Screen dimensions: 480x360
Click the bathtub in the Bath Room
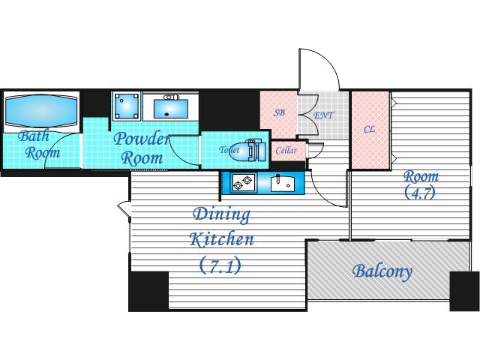tap(42, 110)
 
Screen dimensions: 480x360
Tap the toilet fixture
tap(251, 150)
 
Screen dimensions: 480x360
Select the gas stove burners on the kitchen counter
tap(243, 182)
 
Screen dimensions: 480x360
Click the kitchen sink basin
tap(282, 183)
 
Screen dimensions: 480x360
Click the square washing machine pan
tap(127, 106)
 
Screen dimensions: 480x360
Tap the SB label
tap(279, 112)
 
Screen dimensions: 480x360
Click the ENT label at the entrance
tap(323, 115)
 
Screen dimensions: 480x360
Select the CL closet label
tap(370, 129)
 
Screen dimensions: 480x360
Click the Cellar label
tap(286, 150)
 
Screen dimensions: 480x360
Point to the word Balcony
tap(382, 271)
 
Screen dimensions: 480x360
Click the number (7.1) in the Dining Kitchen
tap(220, 265)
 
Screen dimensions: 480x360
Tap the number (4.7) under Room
tap(420, 193)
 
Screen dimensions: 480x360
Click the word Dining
tap(222, 215)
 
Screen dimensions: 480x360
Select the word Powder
tap(142, 139)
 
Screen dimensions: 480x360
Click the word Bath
tap(34, 136)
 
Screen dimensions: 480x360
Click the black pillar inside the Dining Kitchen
tap(148, 290)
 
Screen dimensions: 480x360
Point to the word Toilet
tap(229, 150)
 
